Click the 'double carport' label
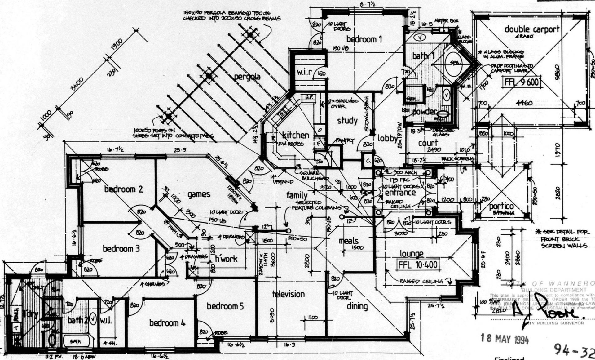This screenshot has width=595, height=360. coord(532,29)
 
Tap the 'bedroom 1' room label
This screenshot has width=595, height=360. coord(364,39)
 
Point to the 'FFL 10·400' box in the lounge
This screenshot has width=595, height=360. coord(418,265)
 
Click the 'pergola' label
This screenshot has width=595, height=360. coord(247,77)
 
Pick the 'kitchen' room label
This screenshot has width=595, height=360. coord(295,135)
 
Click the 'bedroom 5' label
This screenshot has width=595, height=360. coord(225,306)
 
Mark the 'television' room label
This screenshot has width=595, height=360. coord(288,294)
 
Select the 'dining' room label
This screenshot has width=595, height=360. coord(357,306)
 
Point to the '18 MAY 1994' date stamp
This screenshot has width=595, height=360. coord(504,339)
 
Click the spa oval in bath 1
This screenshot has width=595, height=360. coord(453,63)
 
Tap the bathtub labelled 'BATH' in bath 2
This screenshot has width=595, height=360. coord(76,341)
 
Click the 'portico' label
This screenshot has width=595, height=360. coord(501,206)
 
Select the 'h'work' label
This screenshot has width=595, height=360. coord(226,258)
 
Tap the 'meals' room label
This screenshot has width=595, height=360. coord(348,241)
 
